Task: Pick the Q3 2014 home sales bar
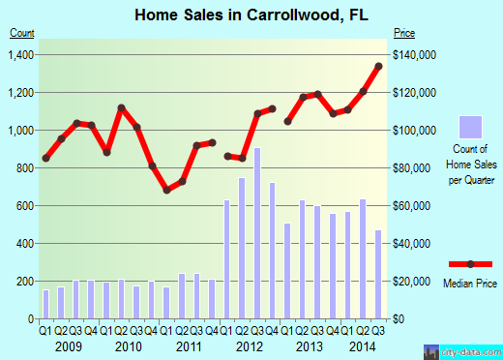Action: (x=378, y=274)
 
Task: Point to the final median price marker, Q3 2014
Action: (x=378, y=66)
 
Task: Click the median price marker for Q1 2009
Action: (x=45, y=158)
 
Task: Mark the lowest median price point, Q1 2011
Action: (x=166, y=190)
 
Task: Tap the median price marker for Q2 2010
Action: (x=121, y=107)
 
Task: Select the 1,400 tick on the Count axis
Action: (x=18, y=54)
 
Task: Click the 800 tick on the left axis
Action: (x=24, y=167)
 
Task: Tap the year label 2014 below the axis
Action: (x=363, y=345)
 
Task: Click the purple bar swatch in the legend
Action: (x=470, y=127)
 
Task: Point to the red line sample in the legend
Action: (x=470, y=263)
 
